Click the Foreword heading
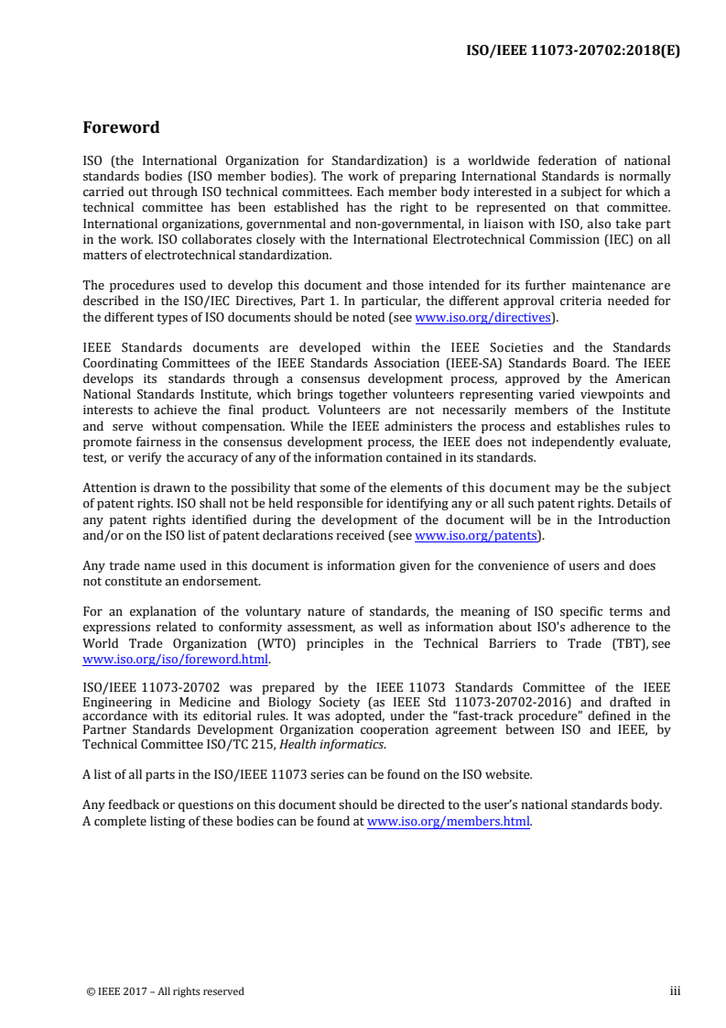121,127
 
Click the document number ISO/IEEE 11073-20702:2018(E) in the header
574,49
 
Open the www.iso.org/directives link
482,318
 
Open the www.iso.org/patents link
475,536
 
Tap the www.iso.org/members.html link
449,821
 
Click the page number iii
675,990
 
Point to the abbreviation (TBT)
630,643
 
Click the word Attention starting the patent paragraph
110,488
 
